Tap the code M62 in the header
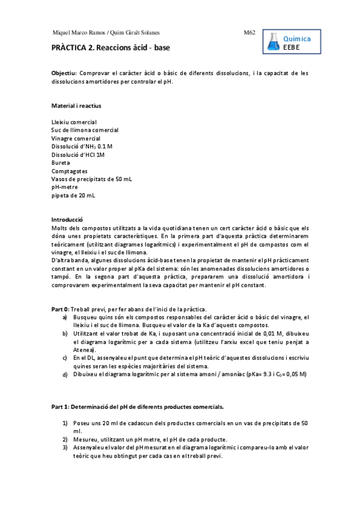(250, 32)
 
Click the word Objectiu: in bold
(64, 73)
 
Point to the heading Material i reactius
(76, 106)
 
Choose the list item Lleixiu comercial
(74, 122)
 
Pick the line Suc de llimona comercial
(85, 130)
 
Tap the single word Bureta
(60, 163)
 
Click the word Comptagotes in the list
(68, 171)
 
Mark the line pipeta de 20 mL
(73, 195)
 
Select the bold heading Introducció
(67, 220)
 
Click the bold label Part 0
(60, 309)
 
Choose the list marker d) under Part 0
(65, 374)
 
